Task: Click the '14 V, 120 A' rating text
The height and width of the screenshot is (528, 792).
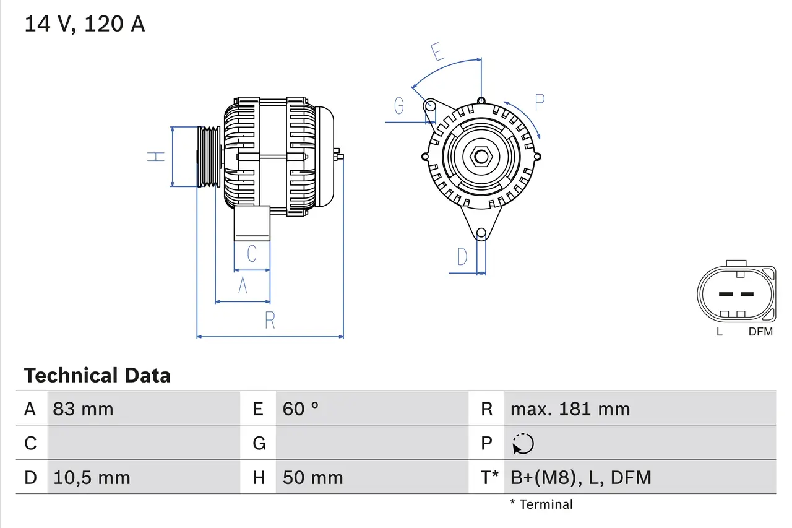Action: (84, 24)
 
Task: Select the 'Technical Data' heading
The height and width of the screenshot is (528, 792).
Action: (97, 375)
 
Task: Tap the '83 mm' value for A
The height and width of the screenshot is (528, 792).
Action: (83, 409)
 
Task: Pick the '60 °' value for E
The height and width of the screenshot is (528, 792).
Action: (301, 409)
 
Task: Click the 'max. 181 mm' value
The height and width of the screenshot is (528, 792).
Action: (570, 409)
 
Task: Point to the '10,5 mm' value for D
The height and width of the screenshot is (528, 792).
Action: (92, 477)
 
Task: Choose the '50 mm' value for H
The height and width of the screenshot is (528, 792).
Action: (312, 477)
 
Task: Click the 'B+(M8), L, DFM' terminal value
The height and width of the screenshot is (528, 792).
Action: (580, 477)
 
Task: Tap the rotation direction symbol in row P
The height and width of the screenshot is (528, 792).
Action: (523, 443)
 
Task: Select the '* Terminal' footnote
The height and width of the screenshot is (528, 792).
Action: (541, 504)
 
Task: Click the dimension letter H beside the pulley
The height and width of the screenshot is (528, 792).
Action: (157, 156)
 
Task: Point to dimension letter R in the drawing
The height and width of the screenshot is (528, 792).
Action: (270, 321)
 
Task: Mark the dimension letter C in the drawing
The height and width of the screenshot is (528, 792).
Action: (251, 254)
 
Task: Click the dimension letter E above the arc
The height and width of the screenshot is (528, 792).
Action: (438, 53)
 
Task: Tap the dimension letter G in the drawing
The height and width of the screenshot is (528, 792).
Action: (399, 106)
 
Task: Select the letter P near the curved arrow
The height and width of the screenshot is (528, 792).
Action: (540, 103)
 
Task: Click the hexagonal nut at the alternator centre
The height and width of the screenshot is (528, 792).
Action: (481, 157)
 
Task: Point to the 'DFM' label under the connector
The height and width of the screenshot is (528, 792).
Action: (760, 332)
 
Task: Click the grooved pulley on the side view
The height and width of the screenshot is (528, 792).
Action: (209, 157)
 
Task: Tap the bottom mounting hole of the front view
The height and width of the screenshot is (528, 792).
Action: (481, 233)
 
